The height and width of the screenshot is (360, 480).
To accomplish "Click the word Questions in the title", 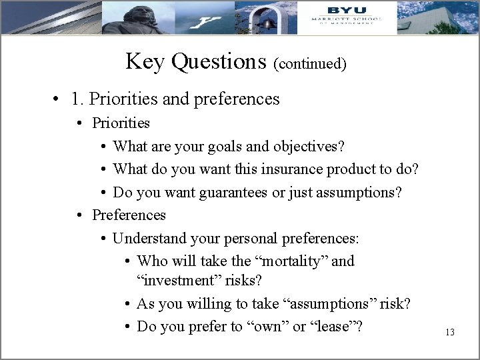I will click(x=219, y=61).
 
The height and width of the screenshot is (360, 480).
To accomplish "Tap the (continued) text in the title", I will click(x=310, y=64).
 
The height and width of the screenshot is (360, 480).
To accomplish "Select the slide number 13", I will click(x=449, y=331).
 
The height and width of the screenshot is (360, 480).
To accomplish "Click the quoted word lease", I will click(x=331, y=327).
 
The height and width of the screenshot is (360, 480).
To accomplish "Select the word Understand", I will click(x=147, y=238).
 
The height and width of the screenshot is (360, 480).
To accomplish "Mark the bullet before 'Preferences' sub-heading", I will click(x=79, y=215).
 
